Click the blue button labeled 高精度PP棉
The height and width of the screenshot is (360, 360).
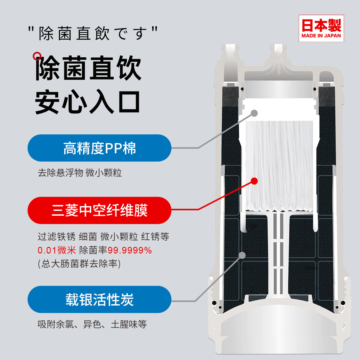coord(99,148)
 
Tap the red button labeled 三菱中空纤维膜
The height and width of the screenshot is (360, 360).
coord(99,210)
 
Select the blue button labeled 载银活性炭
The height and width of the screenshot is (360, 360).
coord(99,300)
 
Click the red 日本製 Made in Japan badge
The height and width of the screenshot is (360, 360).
coord(321,28)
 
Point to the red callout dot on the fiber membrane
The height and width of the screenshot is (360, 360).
coord(254,181)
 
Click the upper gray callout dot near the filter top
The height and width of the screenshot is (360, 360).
coord(254,113)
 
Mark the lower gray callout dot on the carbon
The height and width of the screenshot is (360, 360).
coord(242,255)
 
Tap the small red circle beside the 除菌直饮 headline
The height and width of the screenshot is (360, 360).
coord(37,56)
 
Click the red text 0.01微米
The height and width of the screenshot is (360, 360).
coord(57,250)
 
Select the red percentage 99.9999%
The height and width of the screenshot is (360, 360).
coord(130,250)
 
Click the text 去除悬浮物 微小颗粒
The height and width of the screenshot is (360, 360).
coord(80,173)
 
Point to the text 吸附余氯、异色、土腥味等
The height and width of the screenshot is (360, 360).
coord(92,324)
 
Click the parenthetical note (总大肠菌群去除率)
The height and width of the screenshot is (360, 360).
coord(79,264)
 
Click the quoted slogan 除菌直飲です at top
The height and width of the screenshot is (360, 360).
coord(93,33)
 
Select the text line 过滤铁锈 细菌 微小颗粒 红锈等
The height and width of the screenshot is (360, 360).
coord(103,237)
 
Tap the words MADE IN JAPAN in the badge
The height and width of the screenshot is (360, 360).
coord(321,36)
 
